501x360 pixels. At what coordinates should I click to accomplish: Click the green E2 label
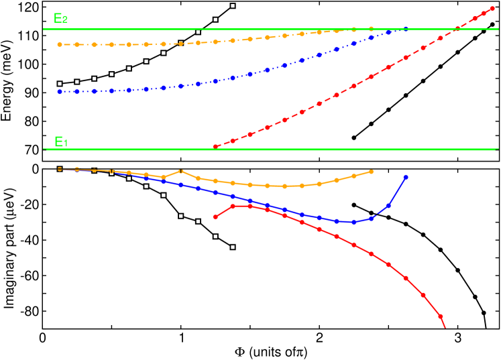(60, 19)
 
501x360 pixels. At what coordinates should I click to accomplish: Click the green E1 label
(60, 141)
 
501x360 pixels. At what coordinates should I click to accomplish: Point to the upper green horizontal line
(268, 29)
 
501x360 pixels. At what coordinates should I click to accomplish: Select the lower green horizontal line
(268, 149)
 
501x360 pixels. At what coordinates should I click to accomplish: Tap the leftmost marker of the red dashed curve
(215, 146)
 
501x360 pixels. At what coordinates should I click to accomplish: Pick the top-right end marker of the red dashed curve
(492, 8)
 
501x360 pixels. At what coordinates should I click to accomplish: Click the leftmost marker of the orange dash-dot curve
(60, 45)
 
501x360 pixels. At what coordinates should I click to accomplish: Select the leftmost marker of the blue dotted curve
(60, 92)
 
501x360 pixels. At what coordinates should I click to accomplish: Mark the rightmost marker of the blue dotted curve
(406, 29)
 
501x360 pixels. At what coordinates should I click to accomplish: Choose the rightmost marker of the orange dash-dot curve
(371, 29)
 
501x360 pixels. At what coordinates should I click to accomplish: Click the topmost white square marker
(233, 6)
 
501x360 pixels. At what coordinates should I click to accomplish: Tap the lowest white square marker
(233, 247)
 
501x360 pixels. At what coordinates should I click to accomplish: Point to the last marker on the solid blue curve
(406, 177)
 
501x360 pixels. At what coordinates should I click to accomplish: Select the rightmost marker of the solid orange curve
(371, 172)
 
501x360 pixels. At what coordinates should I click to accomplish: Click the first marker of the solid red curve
(215, 217)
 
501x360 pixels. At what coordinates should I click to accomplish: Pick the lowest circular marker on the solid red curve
(441, 316)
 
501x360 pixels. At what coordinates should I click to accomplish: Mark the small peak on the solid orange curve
(180, 171)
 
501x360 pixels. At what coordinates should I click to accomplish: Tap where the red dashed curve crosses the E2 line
(457, 29)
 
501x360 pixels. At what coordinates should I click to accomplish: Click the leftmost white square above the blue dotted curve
(60, 84)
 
